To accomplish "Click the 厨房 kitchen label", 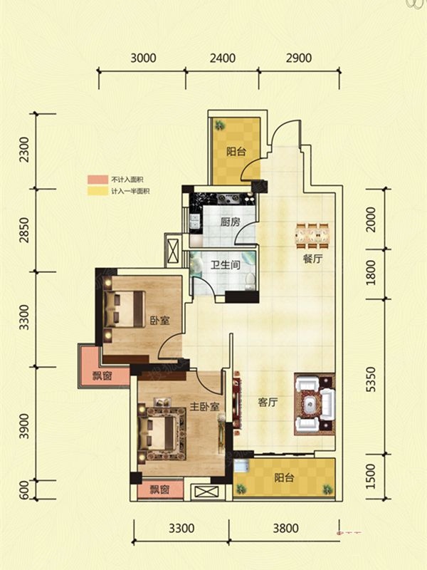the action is (230, 222).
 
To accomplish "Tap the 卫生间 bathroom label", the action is (226, 264).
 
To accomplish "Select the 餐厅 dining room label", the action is (312, 259).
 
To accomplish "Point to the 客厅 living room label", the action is (268, 402).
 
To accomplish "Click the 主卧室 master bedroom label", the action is (205, 406).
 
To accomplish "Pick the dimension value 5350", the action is (371, 379).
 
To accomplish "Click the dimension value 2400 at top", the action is (223, 58).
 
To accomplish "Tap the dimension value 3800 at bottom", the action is (286, 528).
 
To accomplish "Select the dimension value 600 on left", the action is (23, 489).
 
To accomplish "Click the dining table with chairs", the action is (312, 236).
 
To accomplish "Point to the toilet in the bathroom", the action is (250, 281).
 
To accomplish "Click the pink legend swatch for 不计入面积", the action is (97, 180).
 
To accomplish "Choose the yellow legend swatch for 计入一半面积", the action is (97, 191).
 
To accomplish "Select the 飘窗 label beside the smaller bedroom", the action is (102, 375).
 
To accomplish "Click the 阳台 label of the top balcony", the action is (236, 151).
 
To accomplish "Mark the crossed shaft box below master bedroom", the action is (205, 492).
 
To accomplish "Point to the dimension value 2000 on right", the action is (371, 219).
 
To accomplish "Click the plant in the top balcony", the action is (219, 126).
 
